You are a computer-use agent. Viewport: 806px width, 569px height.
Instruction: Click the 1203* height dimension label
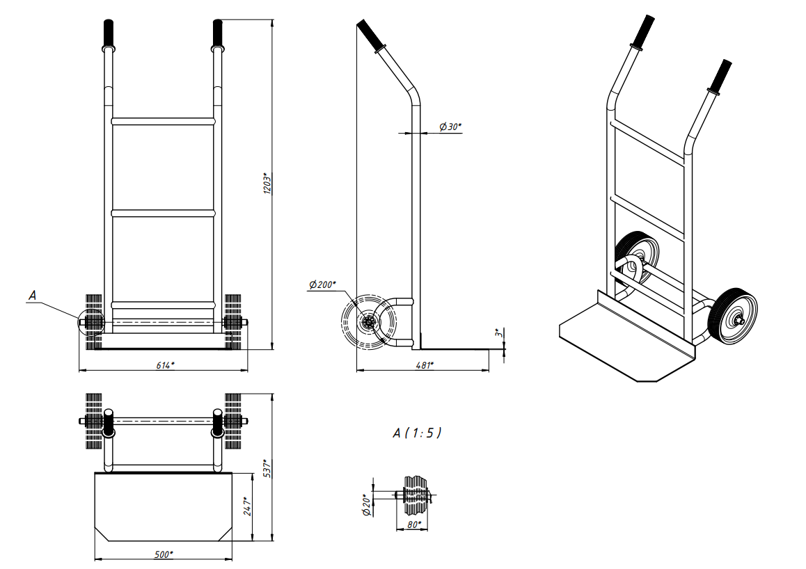pyautogui.click(x=267, y=184)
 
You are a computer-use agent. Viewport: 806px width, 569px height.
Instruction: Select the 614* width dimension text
pyautogui.click(x=166, y=365)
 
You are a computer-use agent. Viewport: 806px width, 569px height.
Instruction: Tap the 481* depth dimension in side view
pyautogui.click(x=425, y=365)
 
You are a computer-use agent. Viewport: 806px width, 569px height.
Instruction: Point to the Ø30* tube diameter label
pyautogui.click(x=450, y=127)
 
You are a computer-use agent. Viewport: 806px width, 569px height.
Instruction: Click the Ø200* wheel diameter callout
pyautogui.click(x=322, y=284)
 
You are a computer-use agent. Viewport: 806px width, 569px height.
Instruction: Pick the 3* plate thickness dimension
pyautogui.click(x=498, y=332)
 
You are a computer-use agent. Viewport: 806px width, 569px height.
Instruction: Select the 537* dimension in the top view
pyautogui.click(x=267, y=468)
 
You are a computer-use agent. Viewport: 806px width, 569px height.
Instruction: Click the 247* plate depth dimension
pyautogui.click(x=247, y=506)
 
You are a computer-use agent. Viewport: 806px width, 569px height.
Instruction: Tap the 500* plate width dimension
pyautogui.click(x=164, y=554)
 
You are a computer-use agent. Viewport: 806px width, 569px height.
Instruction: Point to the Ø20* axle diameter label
pyautogui.click(x=367, y=505)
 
